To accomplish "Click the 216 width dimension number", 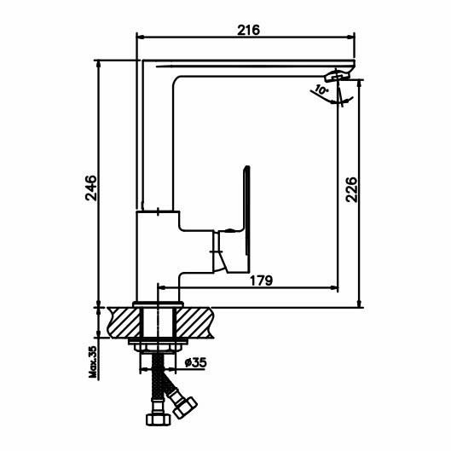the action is [x=248, y=30].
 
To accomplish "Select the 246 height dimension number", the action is [x=91, y=188].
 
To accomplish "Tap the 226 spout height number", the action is [x=351, y=190].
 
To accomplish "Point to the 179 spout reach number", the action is [x=261, y=280].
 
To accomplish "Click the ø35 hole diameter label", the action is [x=195, y=362].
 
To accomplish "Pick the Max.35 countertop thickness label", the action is [x=93, y=361].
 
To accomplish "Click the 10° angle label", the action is [x=321, y=90].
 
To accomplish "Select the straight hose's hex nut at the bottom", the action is [x=158, y=420].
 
